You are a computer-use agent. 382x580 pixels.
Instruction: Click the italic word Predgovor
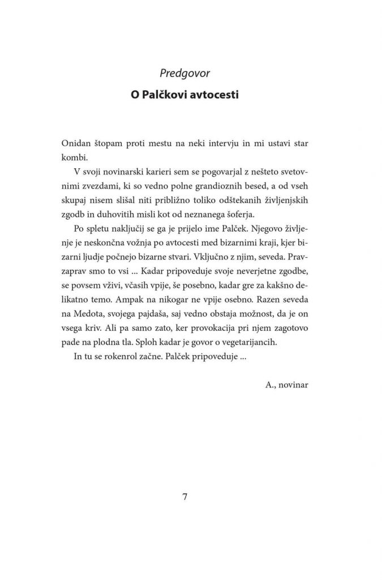pos(191,74)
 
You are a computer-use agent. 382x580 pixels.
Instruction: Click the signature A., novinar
pos(287,399)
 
